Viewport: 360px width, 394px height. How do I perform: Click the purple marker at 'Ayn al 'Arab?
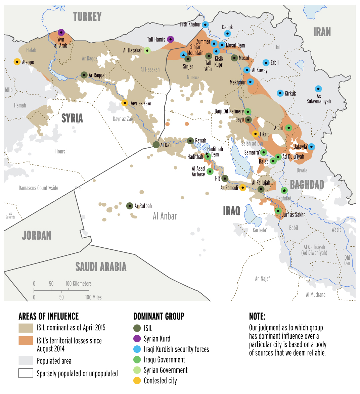point(61,33)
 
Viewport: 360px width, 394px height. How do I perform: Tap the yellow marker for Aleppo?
point(17,62)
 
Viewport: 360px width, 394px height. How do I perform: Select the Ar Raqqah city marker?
point(84,75)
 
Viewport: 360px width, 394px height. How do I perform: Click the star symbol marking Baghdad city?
point(284,191)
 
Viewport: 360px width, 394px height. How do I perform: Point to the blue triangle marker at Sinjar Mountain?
point(183,55)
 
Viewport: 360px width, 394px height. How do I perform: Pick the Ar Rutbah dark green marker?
point(130,206)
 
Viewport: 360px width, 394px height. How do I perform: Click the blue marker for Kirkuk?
point(280,93)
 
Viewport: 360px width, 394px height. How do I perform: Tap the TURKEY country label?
point(87,17)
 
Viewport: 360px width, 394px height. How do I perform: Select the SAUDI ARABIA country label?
point(101,267)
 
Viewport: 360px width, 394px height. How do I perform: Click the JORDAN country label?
point(36,236)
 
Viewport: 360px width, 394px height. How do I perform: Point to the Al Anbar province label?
point(165,216)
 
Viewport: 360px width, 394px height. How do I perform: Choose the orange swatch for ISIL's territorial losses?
point(26,341)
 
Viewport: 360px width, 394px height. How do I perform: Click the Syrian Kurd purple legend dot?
point(137,339)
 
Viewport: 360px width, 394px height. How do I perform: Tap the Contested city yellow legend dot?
point(137,381)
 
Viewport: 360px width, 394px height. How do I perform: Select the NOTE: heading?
point(257,316)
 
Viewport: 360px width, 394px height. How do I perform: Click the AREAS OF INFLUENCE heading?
point(49,316)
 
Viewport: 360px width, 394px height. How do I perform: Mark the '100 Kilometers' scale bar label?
point(79,284)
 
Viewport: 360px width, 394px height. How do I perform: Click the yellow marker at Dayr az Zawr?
point(125,103)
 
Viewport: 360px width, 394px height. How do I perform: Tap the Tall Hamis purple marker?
point(171,40)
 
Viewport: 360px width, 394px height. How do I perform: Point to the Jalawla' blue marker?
point(311,147)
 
